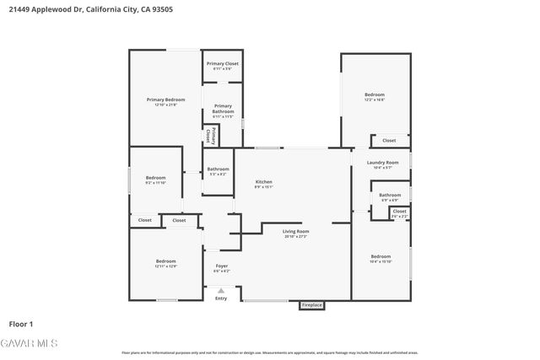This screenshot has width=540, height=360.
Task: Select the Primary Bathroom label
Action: click(x=223, y=110)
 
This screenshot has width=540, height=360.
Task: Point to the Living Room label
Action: click(x=295, y=233)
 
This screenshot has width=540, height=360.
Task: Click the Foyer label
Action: click(x=221, y=268)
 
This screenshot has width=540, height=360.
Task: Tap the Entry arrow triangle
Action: click(x=221, y=290)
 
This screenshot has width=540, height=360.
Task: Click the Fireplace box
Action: click(x=311, y=305)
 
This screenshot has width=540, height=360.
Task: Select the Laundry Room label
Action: click(x=381, y=164)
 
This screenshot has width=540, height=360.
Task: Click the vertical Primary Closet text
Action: click(x=212, y=135)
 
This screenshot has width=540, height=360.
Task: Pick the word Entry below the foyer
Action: click(x=221, y=298)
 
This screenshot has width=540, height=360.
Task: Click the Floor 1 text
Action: click(x=20, y=324)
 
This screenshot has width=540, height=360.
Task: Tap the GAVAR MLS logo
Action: click(x=29, y=343)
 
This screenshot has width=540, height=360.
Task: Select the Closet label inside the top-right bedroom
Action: click(x=388, y=141)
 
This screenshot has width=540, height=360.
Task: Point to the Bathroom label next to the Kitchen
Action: click(x=218, y=171)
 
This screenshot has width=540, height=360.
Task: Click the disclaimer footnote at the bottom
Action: click(x=269, y=352)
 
